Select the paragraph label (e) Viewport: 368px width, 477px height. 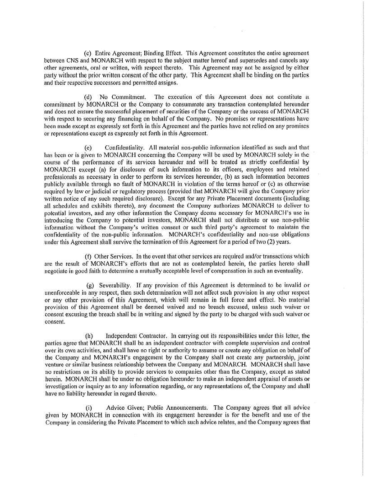pos(88,147)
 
